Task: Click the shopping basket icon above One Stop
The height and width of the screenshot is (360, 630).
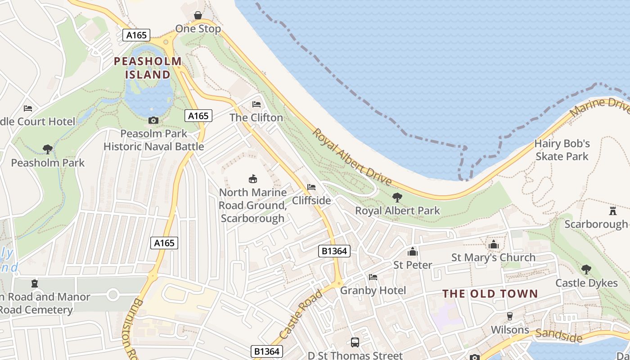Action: [x=198, y=16]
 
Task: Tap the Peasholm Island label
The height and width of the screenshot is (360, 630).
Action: [x=148, y=68]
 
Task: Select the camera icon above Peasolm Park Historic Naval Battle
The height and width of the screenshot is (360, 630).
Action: [x=153, y=120]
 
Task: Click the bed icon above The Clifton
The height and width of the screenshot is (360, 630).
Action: [x=256, y=104]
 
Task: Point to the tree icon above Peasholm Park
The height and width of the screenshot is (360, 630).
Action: [x=47, y=149]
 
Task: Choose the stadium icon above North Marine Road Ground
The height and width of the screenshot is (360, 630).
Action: [x=253, y=179]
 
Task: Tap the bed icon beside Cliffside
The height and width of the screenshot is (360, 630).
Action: [x=311, y=187]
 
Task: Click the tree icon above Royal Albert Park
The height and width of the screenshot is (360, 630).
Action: [x=397, y=197]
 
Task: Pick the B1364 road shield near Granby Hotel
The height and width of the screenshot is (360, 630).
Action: [x=334, y=251]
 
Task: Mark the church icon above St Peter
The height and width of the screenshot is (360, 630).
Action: [x=413, y=252]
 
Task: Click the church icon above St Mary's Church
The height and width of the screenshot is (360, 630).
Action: [x=494, y=244]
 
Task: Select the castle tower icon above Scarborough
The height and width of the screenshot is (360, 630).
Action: [x=612, y=211]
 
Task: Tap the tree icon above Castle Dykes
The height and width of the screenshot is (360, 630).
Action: [x=586, y=270]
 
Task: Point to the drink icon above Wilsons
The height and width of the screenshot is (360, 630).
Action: [x=510, y=316]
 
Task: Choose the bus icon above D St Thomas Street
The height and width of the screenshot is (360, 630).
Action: [x=355, y=342]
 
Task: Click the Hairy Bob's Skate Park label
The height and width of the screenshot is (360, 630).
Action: [x=562, y=150]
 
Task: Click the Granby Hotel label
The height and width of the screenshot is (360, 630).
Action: [x=373, y=290]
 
